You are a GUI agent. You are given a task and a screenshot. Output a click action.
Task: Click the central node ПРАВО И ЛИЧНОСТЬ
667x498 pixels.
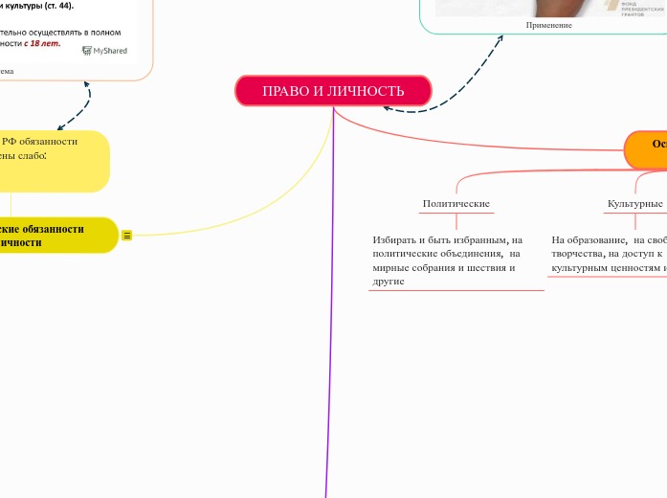click(333, 91)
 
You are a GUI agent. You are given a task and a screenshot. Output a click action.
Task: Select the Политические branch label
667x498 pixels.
click(456, 204)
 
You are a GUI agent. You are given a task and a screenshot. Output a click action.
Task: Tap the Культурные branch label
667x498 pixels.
click(635, 204)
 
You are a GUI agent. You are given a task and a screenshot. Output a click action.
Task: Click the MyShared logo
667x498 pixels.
click(105, 50)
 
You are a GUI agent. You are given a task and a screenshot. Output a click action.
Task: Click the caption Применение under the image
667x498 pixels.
click(549, 25)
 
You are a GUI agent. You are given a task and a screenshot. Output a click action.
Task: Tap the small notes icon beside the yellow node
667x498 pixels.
click(127, 236)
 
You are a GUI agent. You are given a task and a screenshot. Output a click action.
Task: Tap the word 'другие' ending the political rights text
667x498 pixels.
click(389, 282)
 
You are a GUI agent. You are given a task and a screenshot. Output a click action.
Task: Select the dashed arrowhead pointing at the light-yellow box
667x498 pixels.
click(60, 126)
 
